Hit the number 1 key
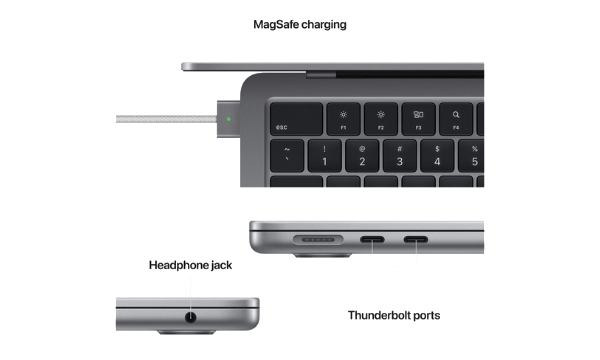coord(325,155)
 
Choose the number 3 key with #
coord(400,155)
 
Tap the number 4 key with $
coord(437,155)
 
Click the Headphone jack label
coord(189,265)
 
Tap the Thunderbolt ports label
coord(394,315)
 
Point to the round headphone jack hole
coord(189,319)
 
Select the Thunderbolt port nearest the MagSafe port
coord(374,240)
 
